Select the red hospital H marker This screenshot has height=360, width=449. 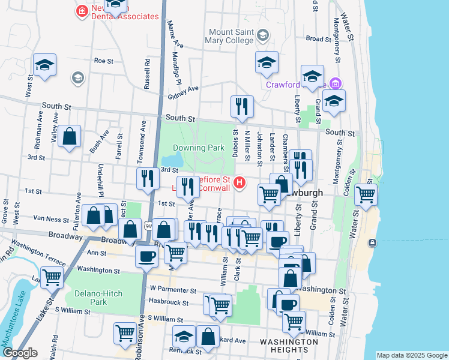point(240,182)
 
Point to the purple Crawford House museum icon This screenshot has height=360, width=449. point(336,83)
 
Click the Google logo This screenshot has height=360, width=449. point(19,353)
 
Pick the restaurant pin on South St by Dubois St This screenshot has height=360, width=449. point(242,107)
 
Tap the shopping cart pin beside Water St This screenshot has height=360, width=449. point(366,194)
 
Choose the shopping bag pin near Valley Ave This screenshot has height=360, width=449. point(70,136)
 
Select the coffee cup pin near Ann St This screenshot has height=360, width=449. point(146,257)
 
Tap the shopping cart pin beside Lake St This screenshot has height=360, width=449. point(52,277)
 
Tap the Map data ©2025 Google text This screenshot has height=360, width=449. point(411,355)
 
